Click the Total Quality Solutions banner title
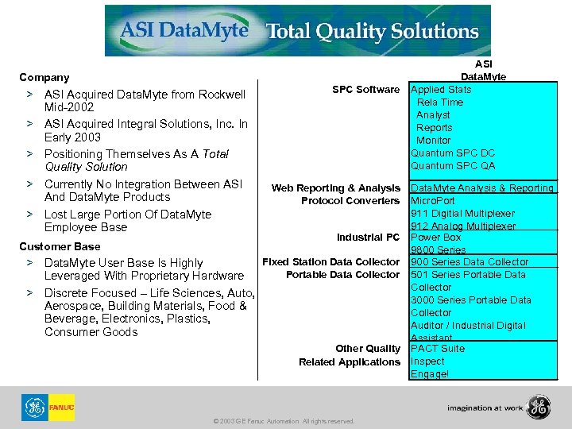tap(372, 32)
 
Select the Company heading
tap(44, 77)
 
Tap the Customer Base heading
tap(60, 246)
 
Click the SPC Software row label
tap(365, 90)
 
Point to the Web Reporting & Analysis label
tap(335, 188)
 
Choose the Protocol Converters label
tap(350, 201)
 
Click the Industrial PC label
tap(367, 238)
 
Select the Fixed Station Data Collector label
tap(330, 261)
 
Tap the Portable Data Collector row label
tap(342, 275)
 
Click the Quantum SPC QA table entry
tap(453, 166)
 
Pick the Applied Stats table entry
tap(441, 90)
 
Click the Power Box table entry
tap(435, 237)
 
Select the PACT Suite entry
tap(438, 349)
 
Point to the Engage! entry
tap(430, 374)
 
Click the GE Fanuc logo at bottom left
tap(48, 408)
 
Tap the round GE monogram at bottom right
tap(539, 408)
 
